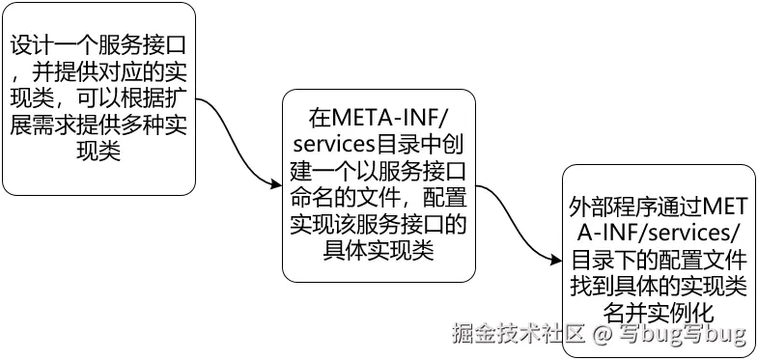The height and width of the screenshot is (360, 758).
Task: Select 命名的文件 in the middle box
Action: pyautogui.click(x=343, y=199)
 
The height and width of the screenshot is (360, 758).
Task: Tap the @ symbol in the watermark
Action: pyautogui.click(x=601, y=335)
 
